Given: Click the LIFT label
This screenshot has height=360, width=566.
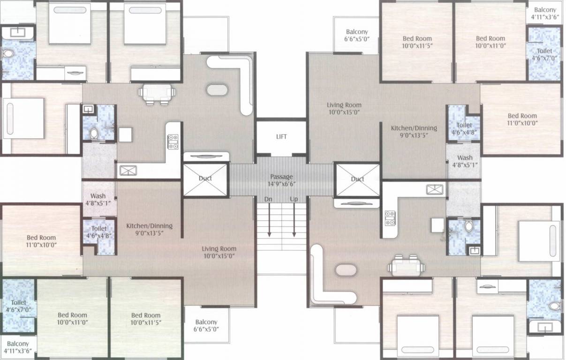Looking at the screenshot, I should (281, 137).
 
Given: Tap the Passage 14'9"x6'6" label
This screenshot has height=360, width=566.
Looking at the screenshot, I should (281, 180).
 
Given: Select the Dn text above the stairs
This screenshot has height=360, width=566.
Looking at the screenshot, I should (268, 199).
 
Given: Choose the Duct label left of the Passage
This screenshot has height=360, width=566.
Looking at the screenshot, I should (205, 178).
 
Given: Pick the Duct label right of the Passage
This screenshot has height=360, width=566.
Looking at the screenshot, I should (358, 179).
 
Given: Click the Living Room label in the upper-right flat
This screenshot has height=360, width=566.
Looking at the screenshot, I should (344, 109).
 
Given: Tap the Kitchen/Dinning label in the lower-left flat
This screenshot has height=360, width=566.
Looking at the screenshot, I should (149, 229).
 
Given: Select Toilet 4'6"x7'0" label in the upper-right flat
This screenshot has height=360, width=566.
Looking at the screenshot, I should (544, 54).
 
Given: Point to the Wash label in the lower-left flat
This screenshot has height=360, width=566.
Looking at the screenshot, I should (98, 200).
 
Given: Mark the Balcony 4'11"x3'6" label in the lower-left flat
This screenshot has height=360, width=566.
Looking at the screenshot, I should (18, 347).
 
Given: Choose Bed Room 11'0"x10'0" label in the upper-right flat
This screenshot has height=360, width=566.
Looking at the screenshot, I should (522, 119).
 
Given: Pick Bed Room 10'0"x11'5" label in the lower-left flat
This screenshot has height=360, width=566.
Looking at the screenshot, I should (146, 319).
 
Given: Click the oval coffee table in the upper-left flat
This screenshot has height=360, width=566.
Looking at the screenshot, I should (216, 90).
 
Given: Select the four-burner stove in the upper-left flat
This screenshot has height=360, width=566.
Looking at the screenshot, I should (173, 142).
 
